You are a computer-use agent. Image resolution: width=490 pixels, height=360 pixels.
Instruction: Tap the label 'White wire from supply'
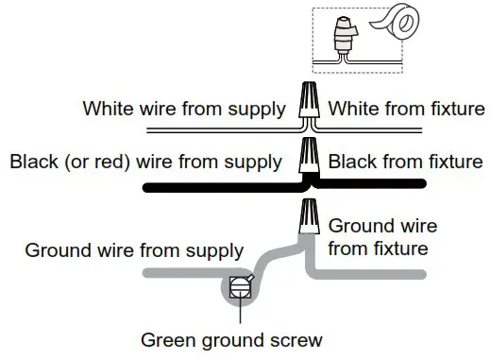tap(184, 108)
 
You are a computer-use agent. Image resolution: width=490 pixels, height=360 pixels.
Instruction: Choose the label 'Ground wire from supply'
tap(134, 251)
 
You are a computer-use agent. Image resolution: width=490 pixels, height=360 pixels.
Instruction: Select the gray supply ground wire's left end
tap(146, 275)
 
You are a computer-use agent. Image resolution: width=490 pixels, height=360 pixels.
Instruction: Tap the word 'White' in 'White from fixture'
tap(350, 108)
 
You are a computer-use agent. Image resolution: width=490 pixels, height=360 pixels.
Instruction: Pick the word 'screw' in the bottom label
tap(298, 339)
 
